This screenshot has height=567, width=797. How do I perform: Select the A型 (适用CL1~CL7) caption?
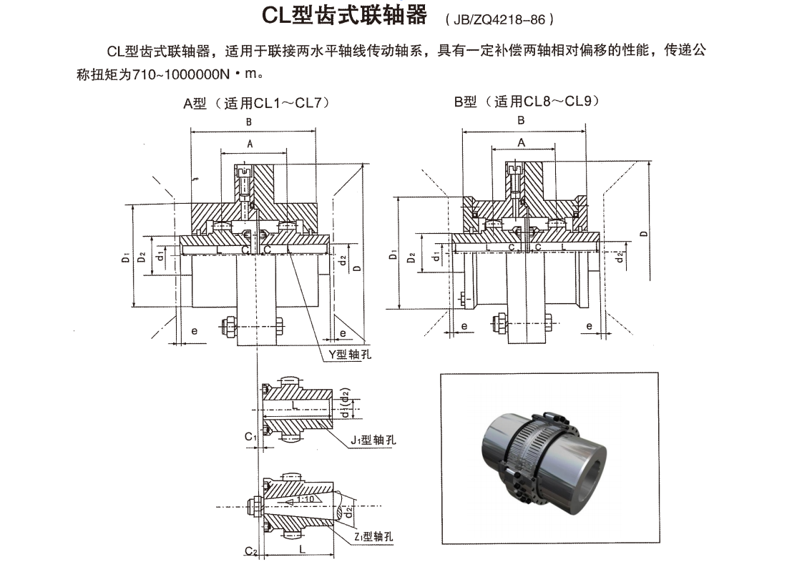256,103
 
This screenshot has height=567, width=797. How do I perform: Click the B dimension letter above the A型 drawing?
248,122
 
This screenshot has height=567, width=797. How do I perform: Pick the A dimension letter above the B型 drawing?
522,143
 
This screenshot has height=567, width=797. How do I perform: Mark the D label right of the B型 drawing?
644,234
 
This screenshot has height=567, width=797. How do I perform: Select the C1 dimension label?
250,436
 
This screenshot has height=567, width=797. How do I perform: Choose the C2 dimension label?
250,551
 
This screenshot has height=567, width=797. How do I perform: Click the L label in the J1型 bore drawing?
294,405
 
